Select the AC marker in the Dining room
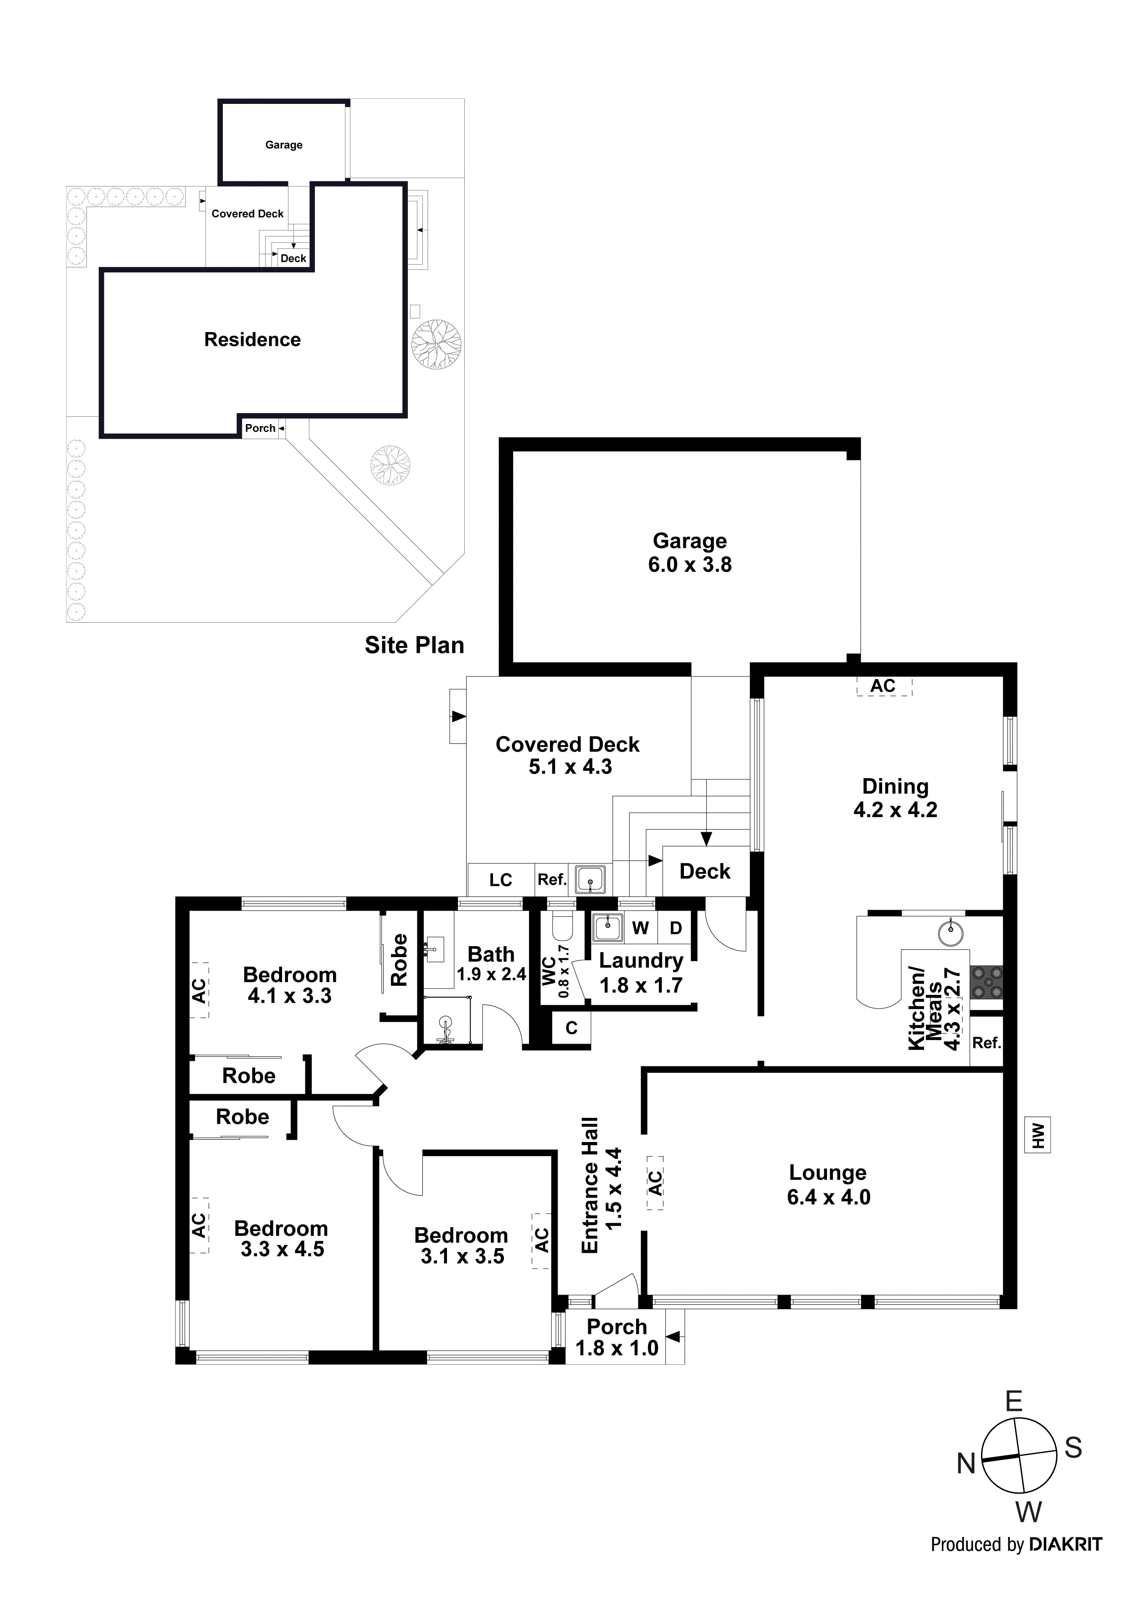pyautogui.click(x=883, y=686)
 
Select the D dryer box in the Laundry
pyautogui.click(x=675, y=928)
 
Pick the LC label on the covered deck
pyautogui.click(x=501, y=880)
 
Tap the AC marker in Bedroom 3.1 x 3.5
pyautogui.click(x=542, y=1240)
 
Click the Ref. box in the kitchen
pyautogui.click(x=986, y=1043)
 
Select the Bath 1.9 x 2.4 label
pyautogui.click(x=491, y=963)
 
